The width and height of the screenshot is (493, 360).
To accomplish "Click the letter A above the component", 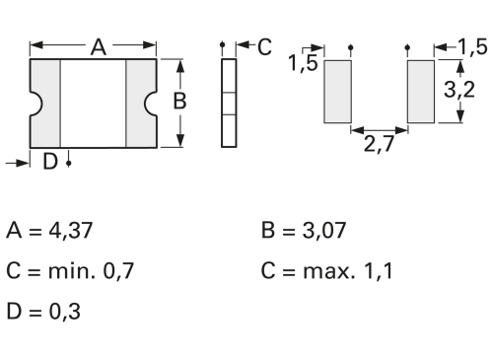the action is pos(99,47).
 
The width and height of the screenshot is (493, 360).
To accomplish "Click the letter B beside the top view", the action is pos(179,101).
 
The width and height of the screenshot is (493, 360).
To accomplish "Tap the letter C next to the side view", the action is pos(264,46).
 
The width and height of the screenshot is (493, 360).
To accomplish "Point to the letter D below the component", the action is pos(50,162).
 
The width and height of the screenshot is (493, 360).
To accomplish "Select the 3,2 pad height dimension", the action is pos(459,90).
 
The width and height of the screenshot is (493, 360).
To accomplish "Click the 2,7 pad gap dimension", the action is pos(379,144).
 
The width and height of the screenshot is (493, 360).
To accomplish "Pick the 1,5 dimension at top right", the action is pos(472,46).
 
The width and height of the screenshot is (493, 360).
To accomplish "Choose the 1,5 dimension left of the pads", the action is pos(303,62).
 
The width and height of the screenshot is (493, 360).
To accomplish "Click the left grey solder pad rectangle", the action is pos(338,92).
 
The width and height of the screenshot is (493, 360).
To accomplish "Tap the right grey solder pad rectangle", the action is pos(421,92).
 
